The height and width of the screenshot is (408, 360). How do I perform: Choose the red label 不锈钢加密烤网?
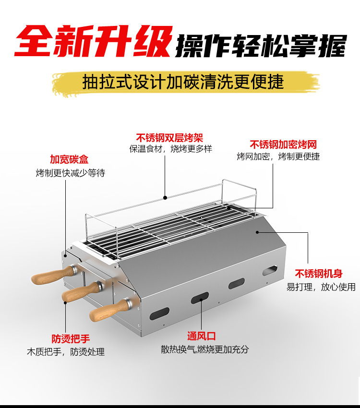pos(283,144)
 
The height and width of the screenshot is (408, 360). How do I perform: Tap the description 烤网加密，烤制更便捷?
pos(278,156)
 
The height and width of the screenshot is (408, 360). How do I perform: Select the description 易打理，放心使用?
pos(321,287)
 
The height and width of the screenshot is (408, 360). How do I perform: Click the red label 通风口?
pos(202,336)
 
